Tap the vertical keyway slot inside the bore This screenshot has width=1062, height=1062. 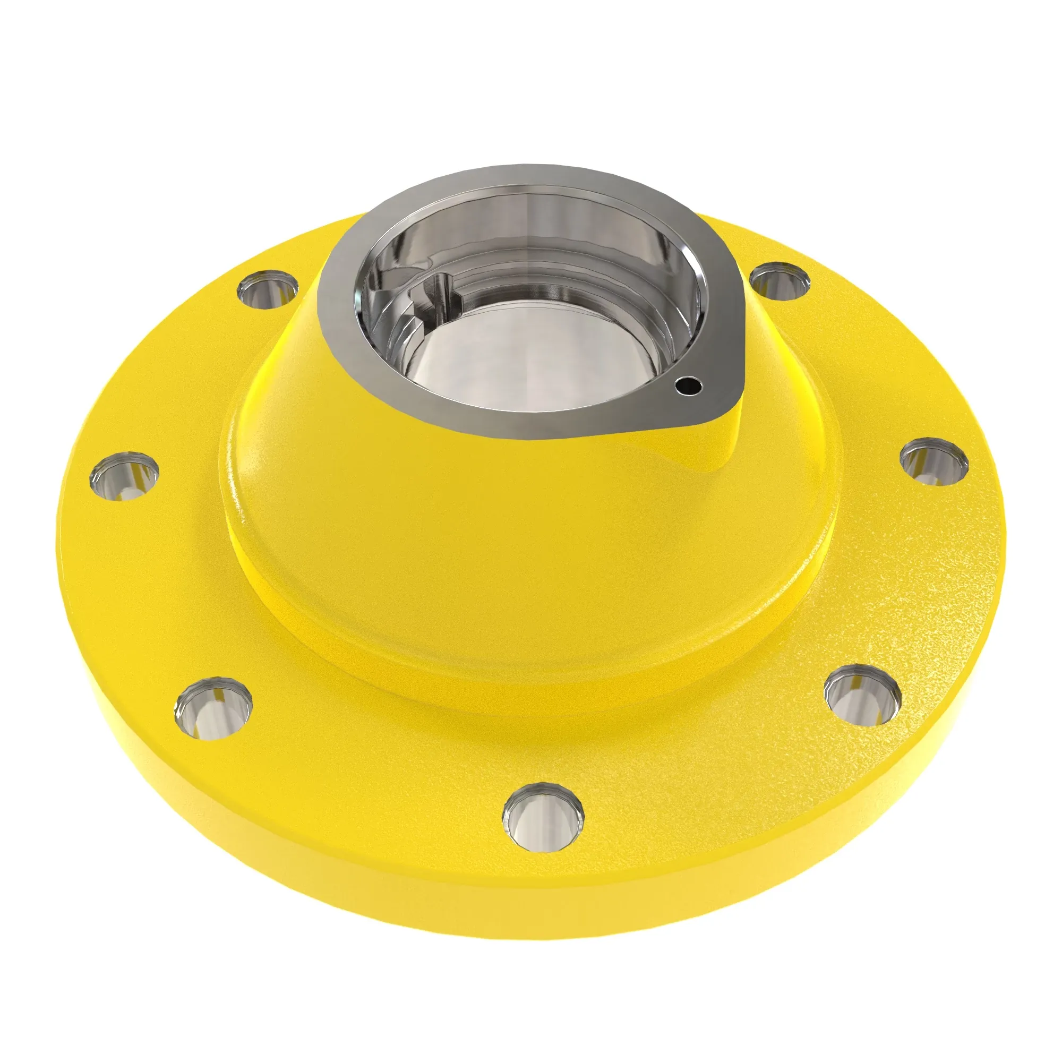440,297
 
